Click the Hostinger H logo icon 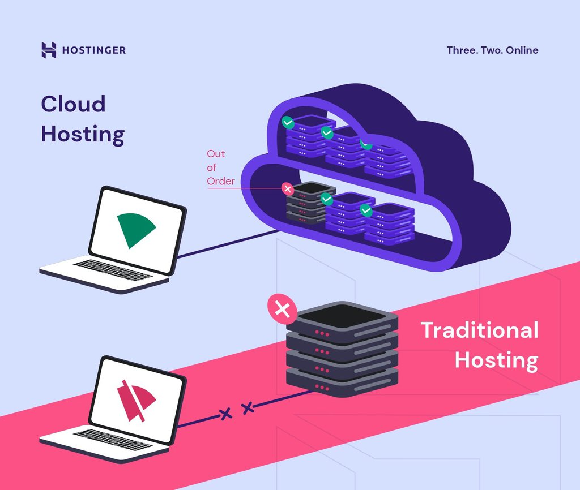[x=49, y=50]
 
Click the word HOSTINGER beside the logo [x=94, y=50]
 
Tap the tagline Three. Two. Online [x=492, y=50]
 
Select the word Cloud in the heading [x=73, y=104]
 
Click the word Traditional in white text [x=479, y=330]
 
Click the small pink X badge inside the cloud [x=288, y=188]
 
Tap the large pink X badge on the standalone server [x=282, y=310]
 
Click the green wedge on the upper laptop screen [x=135, y=230]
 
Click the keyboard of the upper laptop [x=112, y=270]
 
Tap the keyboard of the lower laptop [x=112, y=439]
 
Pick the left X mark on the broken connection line [x=226, y=414]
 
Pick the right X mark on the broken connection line [x=248, y=407]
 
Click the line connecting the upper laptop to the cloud [x=227, y=244]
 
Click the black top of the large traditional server [x=341, y=315]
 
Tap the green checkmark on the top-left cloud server [x=289, y=122]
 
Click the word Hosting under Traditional [x=496, y=360]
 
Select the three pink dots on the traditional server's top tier [x=322, y=333]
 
